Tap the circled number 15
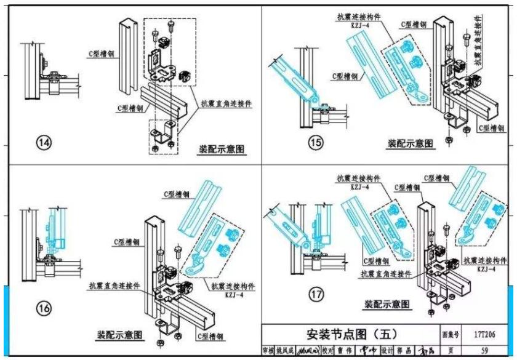pyautogui.click(x=315, y=143)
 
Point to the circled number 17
pyautogui.click(x=316, y=295)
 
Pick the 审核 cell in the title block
pyautogui.click(x=268, y=350)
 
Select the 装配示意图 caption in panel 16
pyautogui.click(x=120, y=335)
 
